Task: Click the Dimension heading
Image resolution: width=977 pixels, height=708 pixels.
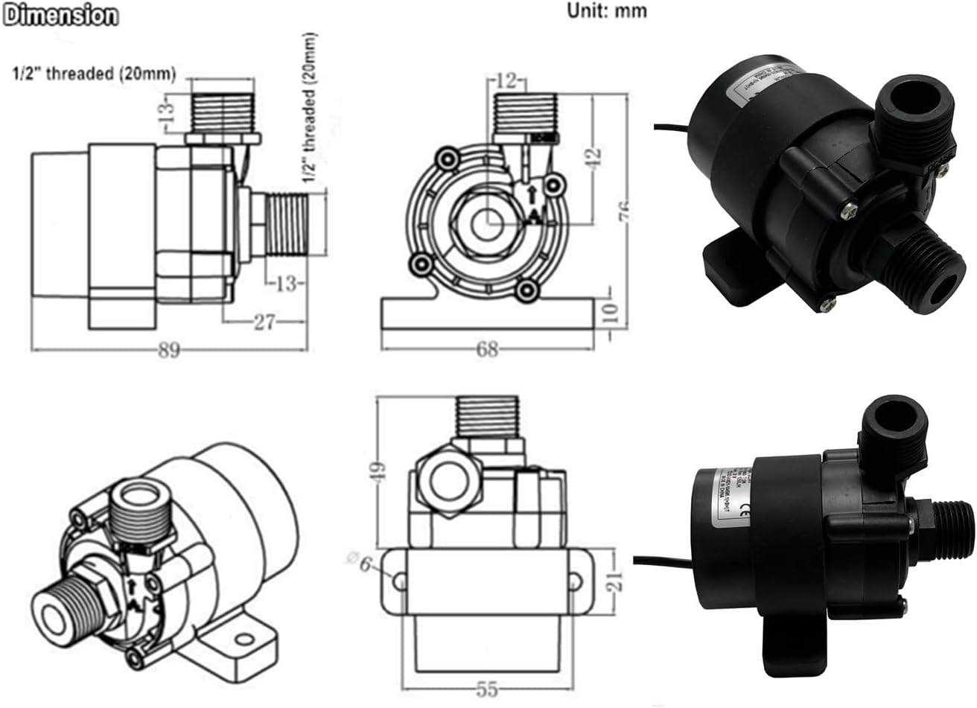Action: [60, 15]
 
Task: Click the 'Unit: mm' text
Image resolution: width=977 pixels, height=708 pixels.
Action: [607, 10]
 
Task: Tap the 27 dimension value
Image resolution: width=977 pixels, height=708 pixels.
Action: [265, 322]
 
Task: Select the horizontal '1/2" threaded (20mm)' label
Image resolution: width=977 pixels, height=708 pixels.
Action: [93, 74]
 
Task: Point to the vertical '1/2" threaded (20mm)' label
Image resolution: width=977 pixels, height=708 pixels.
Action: [309, 108]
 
